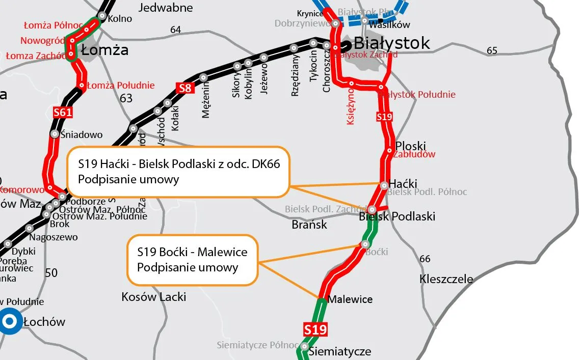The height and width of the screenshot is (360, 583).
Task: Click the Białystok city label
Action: [391, 43]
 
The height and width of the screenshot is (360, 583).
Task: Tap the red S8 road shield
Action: [185, 89]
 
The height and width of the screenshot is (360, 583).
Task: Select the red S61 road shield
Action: [63, 113]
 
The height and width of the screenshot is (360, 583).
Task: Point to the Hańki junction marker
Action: [384, 185]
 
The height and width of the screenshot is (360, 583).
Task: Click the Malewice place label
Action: [350, 299]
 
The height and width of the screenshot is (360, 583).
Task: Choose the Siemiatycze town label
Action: [339, 351]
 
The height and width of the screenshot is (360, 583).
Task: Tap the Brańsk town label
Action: [309, 225]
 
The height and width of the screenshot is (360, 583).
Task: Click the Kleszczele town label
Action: [446, 279]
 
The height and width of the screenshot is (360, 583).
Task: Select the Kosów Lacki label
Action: [153, 296]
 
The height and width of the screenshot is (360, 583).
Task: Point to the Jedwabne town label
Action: [166, 8]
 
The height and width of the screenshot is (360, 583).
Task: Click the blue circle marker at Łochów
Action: [9, 321]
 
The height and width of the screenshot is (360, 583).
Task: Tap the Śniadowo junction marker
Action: [55, 134]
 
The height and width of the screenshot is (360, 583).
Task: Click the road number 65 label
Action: [492, 50]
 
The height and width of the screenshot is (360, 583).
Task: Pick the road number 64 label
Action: [175, 30]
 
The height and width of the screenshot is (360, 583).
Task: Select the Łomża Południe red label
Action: [121, 85]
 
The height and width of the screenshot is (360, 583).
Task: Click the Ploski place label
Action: [410, 146]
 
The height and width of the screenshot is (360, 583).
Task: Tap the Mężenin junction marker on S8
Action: [203, 77]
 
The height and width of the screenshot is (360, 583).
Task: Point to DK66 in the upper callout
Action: [263, 164]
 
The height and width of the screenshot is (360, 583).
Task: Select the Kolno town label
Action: [120, 19]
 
